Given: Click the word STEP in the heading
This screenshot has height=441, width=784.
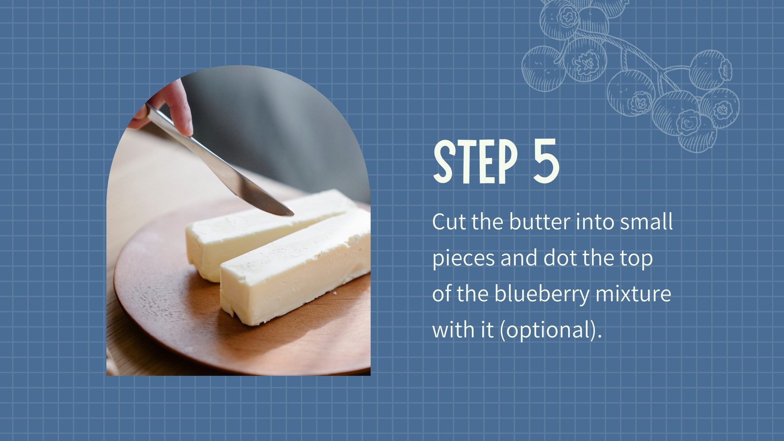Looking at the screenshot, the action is [475, 162].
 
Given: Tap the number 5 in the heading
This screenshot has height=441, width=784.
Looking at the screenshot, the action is [546, 161].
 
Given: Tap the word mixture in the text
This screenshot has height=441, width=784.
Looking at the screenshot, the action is [633, 294].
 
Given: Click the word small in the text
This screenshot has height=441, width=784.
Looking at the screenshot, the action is [646, 221].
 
